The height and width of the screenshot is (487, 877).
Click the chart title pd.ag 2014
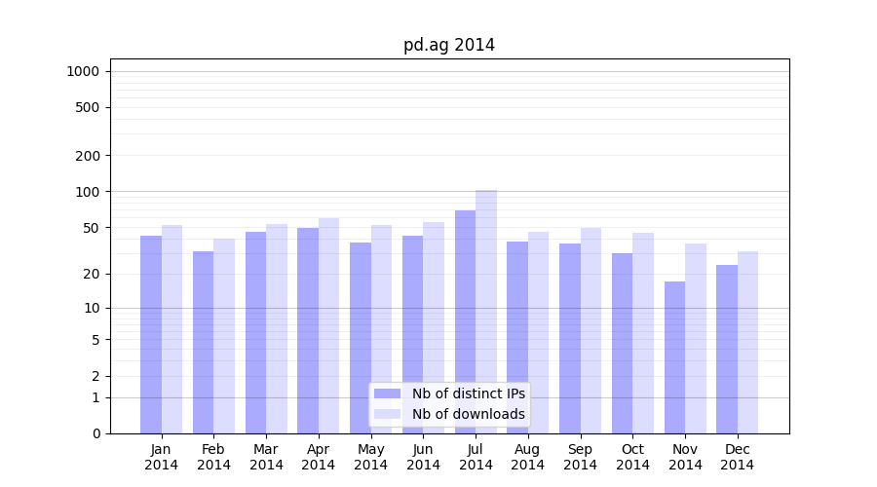449,45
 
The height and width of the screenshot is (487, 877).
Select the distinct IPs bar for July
465,321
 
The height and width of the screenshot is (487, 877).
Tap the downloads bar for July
486,312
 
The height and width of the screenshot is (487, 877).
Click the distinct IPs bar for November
674,357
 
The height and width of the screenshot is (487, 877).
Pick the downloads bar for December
747,342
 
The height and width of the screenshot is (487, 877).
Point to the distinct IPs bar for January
151,334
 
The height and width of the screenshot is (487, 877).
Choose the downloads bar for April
329,325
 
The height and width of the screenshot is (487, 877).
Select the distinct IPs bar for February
203,342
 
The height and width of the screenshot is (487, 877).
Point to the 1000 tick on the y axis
83,71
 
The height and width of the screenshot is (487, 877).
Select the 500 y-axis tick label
88,107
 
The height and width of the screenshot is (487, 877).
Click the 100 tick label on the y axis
88,192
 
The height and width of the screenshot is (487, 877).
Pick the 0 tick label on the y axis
95,433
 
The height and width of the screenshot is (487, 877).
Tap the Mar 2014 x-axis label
266,457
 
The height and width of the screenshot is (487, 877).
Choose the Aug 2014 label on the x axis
528,457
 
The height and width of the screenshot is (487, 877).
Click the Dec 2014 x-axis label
738,457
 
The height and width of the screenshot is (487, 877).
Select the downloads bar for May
382,329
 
